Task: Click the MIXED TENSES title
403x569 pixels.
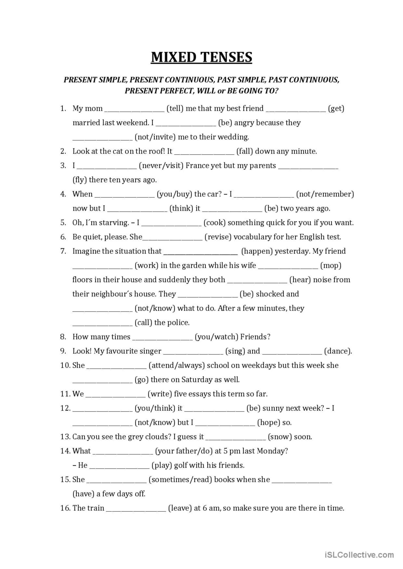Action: point(201,57)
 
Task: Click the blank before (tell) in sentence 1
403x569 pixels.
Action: point(134,109)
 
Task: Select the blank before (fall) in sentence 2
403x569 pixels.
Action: point(204,152)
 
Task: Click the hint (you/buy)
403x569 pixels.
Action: point(174,194)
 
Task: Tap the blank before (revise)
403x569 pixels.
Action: point(172,237)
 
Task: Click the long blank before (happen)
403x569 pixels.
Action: point(200,252)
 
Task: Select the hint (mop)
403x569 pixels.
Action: point(331,266)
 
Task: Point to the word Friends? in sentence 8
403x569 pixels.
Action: point(255,337)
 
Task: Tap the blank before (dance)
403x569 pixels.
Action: point(292,352)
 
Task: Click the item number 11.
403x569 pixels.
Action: point(65,394)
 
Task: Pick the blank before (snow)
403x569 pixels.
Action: point(235,437)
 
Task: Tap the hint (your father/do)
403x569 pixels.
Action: point(184,451)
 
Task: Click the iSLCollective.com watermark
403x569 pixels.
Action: point(359,554)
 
